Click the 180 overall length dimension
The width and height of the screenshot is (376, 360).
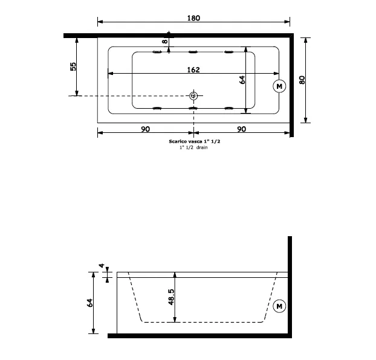pyautogui.click(x=193, y=18)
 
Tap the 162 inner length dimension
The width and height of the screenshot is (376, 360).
pyautogui.click(x=193, y=69)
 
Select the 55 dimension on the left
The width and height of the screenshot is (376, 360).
pyautogui.click(x=73, y=66)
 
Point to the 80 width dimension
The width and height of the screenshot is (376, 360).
pyautogui.click(x=302, y=80)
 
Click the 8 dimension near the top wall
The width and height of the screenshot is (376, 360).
pyautogui.click(x=165, y=42)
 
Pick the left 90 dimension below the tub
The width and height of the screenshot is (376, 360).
pyautogui.click(x=145, y=129)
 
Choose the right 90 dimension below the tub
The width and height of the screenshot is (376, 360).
pyautogui.click(x=241, y=129)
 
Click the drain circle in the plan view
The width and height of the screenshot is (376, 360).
pyautogui.click(x=193, y=96)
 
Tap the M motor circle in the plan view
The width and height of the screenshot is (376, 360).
pyautogui.click(x=279, y=86)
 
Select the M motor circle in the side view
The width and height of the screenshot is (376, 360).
pyautogui.click(x=279, y=306)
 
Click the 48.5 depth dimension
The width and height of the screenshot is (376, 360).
pyautogui.click(x=171, y=297)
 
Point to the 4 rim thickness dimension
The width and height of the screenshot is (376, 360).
pyautogui.click(x=102, y=266)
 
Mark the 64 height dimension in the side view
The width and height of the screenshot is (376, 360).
pyautogui.click(x=90, y=303)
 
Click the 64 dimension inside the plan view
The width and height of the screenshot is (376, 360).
pyautogui.click(x=242, y=80)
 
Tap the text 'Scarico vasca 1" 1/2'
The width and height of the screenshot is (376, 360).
pyautogui.click(x=195, y=141)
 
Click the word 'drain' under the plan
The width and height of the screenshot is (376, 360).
pyautogui.click(x=202, y=147)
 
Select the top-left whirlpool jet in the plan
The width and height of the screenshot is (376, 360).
pyautogui.click(x=157, y=52)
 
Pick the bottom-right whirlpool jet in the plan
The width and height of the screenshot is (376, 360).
pyautogui.click(x=229, y=108)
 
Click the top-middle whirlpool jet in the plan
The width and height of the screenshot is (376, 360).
pyautogui.click(x=193, y=52)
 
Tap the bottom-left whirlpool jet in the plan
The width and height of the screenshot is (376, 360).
pyautogui.click(x=157, y=108)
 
